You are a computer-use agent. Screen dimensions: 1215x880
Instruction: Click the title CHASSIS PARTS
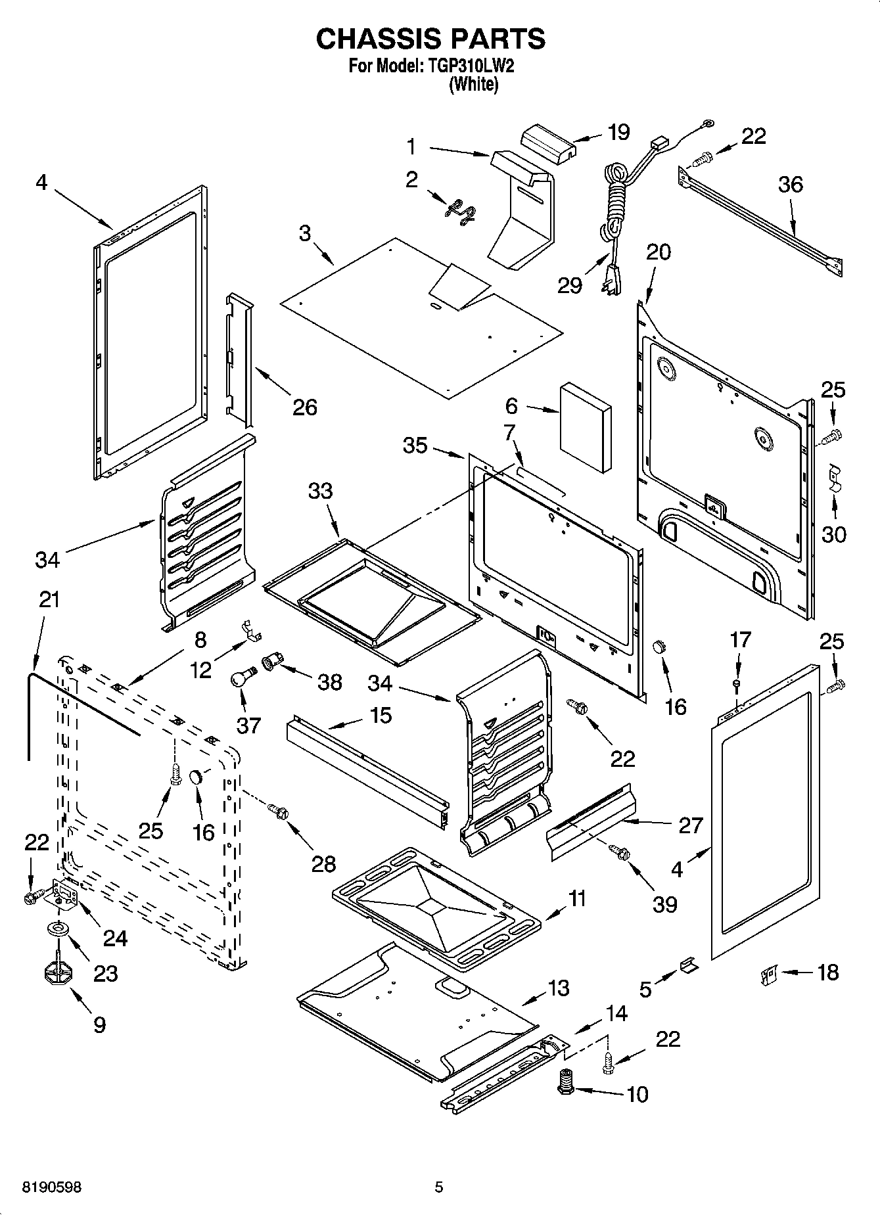coord(430,39)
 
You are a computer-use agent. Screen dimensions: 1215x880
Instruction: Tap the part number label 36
coord(790,185)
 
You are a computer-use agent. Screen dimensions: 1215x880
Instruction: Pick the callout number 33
coord(321,490)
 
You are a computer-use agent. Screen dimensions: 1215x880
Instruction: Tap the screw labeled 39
coord(619,852)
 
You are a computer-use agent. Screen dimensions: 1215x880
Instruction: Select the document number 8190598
coord(43,1187)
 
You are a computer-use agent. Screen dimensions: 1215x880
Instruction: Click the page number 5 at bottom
coord(439,1187)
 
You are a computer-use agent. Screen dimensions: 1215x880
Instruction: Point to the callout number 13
coord(558,988)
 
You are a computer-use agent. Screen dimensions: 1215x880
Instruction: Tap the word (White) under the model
coord(473,85)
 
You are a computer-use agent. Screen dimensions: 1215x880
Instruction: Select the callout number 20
coord(659,252)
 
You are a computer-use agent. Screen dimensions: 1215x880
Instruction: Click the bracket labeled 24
coord(66,894)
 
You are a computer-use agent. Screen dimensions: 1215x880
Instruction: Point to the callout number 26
coord(305,407)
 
